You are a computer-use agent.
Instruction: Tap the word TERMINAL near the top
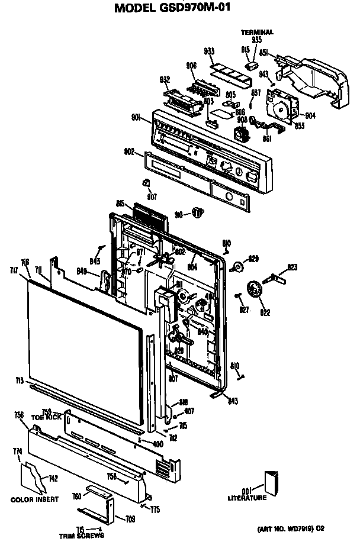tap(257, 32)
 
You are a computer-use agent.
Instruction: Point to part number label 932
tap(165, 79)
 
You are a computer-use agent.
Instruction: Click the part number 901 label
tap(136, 117)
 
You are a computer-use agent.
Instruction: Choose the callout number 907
tap(152, 196)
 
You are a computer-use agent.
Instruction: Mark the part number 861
tap(267, 138)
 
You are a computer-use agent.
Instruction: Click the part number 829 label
tap(253, 259)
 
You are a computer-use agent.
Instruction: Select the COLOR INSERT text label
tap(35, 499)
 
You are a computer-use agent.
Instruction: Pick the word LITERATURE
tap(247, 498)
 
